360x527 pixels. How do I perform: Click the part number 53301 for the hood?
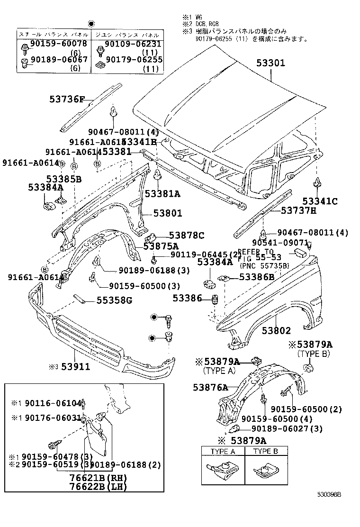click(x=271, y=62)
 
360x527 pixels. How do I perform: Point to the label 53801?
click(x=167, y=214)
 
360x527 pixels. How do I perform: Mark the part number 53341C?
click(x=320, y=201)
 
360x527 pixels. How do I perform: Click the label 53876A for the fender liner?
click(x=210, y=387)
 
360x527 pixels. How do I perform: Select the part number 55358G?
click(x=114, y=300)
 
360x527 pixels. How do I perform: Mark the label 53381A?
click(x=162, y=193)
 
